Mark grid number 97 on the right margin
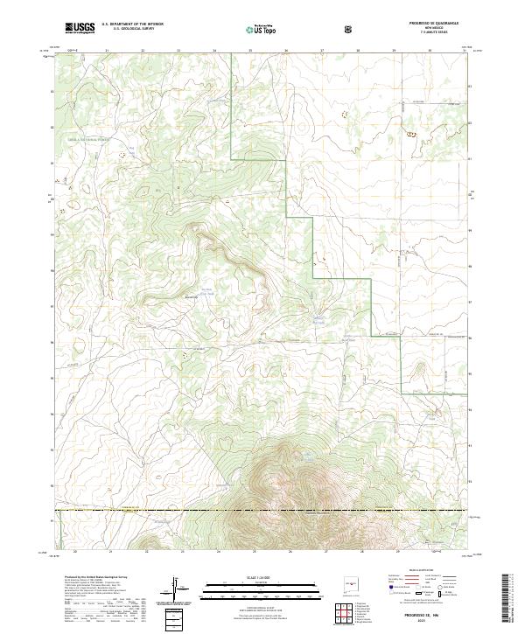(471, 303)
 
